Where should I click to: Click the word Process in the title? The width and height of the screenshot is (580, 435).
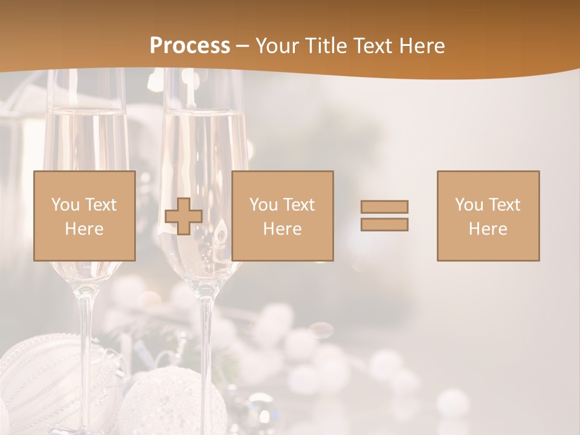point(190,45)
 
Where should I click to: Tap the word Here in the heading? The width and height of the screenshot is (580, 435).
point(421,45)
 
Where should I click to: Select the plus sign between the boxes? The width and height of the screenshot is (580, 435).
point(184,216)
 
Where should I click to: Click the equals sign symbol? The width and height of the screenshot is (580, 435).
point(384,216)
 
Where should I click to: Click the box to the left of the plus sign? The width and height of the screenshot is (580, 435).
point(84,216)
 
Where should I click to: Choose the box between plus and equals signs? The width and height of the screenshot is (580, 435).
point(282,216)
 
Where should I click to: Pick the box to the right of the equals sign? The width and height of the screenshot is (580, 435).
point(488,216)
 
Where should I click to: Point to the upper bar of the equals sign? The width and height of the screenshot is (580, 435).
point(384,207)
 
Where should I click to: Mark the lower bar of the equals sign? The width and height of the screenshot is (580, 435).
point(384,225)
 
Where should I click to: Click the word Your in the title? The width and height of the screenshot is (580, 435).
point(278,45)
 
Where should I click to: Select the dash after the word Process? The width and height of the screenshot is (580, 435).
point(242,46)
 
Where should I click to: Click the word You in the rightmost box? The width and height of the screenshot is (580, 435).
point(467,205)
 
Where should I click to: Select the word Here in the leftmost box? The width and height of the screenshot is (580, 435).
point(84,229)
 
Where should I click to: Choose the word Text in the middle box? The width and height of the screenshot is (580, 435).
point(299,205)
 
